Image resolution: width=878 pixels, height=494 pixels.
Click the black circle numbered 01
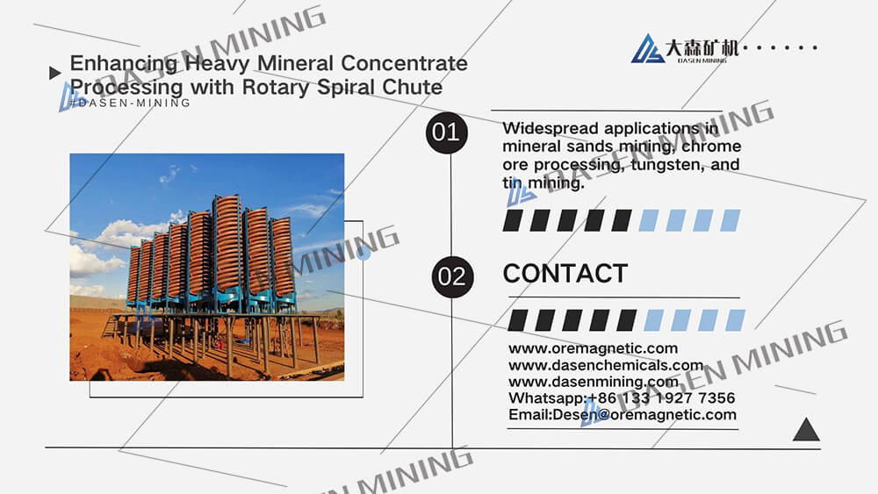[446, 132]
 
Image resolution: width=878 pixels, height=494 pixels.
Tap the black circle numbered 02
[452, 277]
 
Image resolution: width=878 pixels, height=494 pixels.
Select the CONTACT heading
[565, 274]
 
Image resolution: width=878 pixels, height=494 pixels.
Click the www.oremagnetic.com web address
[593, 348]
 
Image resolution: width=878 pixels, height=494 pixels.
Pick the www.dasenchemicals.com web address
[606, 365]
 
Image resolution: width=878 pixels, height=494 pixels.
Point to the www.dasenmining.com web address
[594, 382]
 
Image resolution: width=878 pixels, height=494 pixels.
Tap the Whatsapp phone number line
[622, 398]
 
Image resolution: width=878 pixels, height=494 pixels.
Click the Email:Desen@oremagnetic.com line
[623, 414]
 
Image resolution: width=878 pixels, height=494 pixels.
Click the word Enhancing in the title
[124, 64]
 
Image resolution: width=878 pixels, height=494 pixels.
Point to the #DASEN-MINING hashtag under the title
[130, 103]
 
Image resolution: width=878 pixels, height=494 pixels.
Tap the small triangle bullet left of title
[54, 73]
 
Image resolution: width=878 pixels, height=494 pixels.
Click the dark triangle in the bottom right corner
[806, 430]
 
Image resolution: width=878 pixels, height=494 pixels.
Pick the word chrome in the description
[711, 147]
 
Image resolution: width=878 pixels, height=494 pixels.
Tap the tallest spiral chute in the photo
[227, 247]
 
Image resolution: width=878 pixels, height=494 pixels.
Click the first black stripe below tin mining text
[513, 220]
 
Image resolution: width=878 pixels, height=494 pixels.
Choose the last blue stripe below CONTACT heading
[735, 320]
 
